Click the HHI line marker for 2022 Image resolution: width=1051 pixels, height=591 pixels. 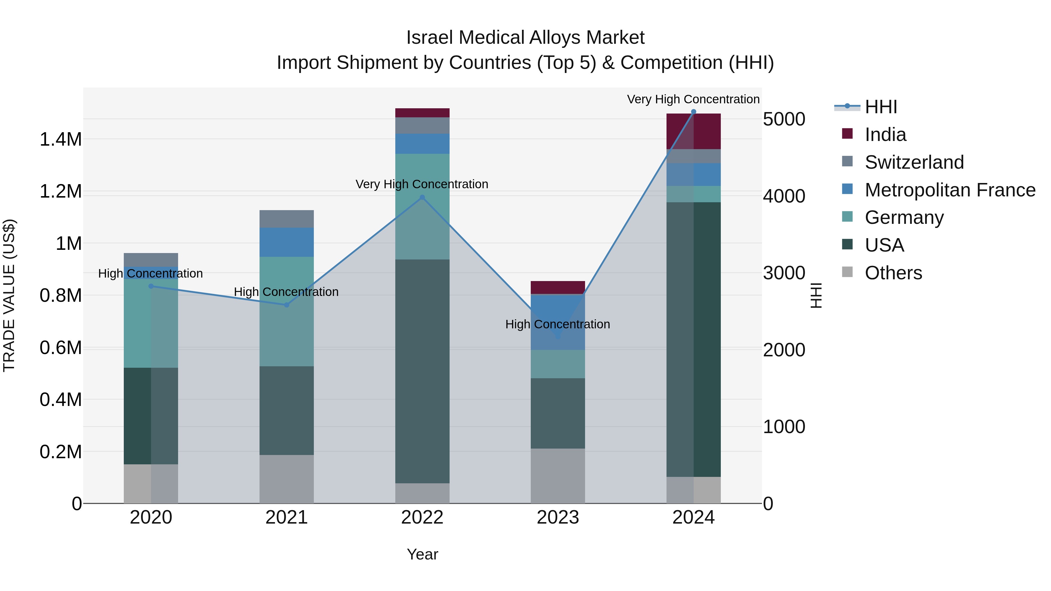pyautogui.click(x=422, y=197)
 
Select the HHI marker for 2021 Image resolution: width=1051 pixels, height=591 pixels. pyautogui.click(x=286, y=305)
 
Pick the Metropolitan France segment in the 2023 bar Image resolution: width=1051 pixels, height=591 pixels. pyautogui.click(x=558, y=322)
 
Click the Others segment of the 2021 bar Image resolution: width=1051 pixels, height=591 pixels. pyautogui.click(x=286, y=479)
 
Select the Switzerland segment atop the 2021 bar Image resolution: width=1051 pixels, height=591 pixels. pyautogui.click(x=286, y=219)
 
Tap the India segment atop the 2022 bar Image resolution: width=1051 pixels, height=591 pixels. pyautogui.click(x=422, y=113)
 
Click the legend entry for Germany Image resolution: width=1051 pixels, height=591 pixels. pyautogui.click(x=904, y=217)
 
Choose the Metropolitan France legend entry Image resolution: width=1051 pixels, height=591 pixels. pyautogui.click(x=950, y=190)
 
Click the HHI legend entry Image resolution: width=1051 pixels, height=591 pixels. pyautogui.click(x=881, y=107)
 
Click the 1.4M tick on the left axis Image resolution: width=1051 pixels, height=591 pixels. pyautogui.click(x=60, y=140)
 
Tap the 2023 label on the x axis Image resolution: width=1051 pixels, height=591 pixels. pyautogui.click(x=558, y=517)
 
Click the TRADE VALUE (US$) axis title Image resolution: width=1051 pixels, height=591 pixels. pyautogui.click(x=9, y=295)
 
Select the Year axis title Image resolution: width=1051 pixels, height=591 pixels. pyautogui.click(x=422, y=554)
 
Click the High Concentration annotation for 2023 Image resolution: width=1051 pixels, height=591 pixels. pyautogui.click(x=558, y=324)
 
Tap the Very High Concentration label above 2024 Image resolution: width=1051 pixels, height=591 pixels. pyautogui.click(x=693, y=99)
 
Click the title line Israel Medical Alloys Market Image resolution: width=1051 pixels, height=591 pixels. pyautogui.click(x=525, y=38)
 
